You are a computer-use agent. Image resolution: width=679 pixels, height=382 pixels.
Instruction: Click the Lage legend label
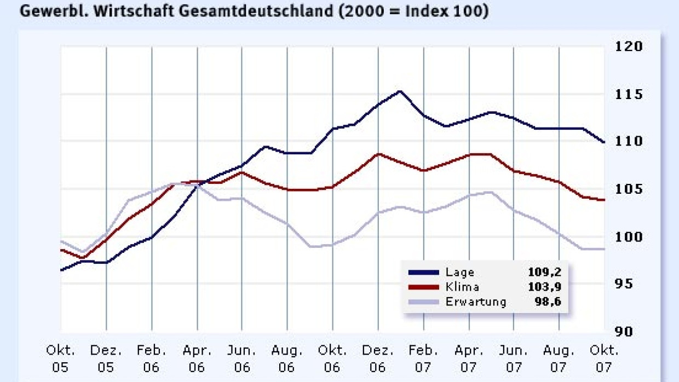(x=460, y=272)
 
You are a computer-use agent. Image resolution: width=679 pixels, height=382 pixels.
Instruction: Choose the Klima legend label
(x=463, y=287)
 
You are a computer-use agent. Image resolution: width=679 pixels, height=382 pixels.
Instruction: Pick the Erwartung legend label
(x=476, y=302)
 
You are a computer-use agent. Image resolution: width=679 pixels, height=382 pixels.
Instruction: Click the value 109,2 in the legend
(x=544, y=272)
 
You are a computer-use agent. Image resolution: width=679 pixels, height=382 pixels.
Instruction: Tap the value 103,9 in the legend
(x=544, y=287)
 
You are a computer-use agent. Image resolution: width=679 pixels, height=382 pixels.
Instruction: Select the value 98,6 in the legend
(x=547, y=302)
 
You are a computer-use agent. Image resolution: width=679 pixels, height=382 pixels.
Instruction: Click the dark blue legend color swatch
(x=424, y=273)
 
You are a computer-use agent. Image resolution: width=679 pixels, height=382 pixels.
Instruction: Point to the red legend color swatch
(x=424, y=287)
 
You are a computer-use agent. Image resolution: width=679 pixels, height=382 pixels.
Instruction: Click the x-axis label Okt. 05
(x=60, y=358)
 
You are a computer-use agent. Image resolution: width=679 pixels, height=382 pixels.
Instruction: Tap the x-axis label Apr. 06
(x=197, y=358)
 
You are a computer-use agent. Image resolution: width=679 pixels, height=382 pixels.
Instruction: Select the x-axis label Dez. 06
(x=378, y=358)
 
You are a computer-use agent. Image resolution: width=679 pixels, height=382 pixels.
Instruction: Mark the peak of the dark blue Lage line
(x=400, y=91)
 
